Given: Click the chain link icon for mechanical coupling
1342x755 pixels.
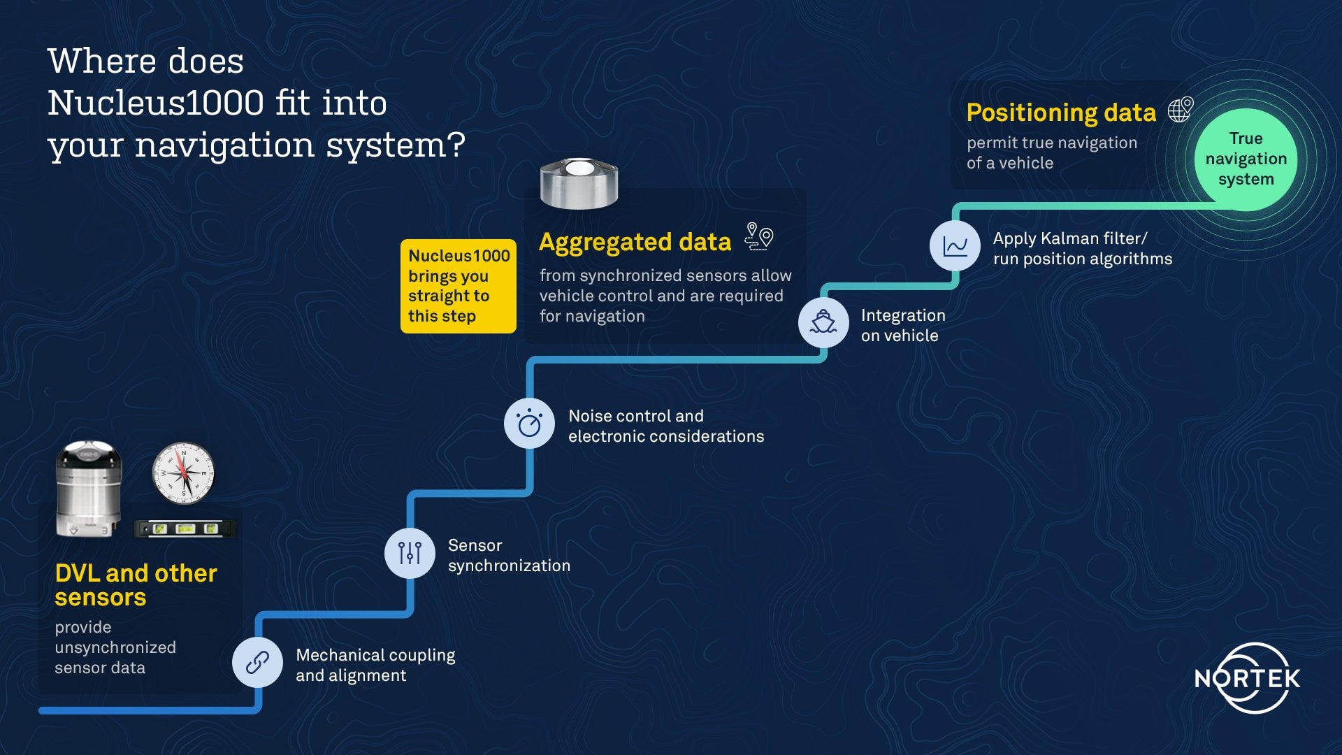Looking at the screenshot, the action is point(257,662).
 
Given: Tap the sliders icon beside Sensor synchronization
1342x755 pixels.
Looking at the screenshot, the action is point(410,553).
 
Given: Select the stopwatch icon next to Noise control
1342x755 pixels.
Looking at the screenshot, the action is point(529,423).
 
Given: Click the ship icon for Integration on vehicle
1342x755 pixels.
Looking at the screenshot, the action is point(823,322).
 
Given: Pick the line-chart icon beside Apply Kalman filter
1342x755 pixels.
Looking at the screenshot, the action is point(955,246).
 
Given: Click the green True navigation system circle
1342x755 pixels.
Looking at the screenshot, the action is point(1246,159).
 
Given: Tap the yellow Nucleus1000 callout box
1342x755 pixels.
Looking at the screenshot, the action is point(459,286).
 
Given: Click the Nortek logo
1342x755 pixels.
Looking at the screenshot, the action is point(1248,678).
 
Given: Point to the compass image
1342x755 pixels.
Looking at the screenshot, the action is point(183,473).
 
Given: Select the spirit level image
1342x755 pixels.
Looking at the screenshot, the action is point(185,528).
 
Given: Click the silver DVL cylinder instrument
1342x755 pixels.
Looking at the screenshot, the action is point(89,489).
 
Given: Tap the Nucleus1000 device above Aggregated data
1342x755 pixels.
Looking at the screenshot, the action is point(579,183).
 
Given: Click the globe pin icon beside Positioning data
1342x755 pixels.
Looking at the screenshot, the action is point(1181,110).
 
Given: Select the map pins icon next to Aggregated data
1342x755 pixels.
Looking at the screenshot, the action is point(759,236).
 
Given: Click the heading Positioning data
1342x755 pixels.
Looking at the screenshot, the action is point(1061,113).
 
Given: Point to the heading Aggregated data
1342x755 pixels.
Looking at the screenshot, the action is point(635,242).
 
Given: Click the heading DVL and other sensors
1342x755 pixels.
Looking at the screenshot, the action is point(136,585).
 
